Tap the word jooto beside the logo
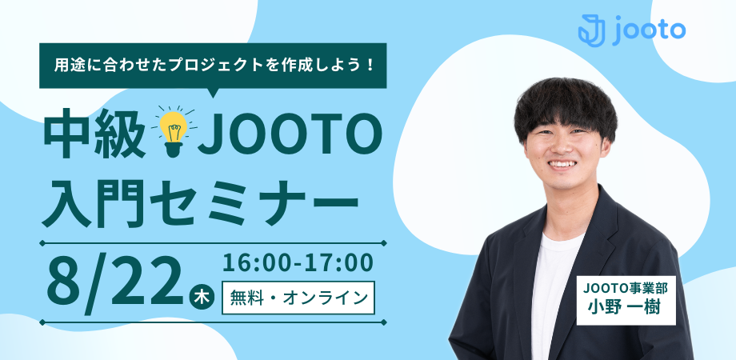tap(649, 30)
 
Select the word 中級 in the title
tap(94, 134)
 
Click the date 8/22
tap(114, 281)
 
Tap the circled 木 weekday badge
tap(202, 299)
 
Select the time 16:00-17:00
tap(298, 263)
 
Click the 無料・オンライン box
tap(298, 298)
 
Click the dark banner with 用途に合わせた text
tap(213, 66)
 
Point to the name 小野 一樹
tap(626, 308)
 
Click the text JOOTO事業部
tap(626, 288)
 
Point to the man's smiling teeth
tap(563, 164)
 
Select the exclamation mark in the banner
tap(371, 66)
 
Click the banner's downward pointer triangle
tap(213, 93)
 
